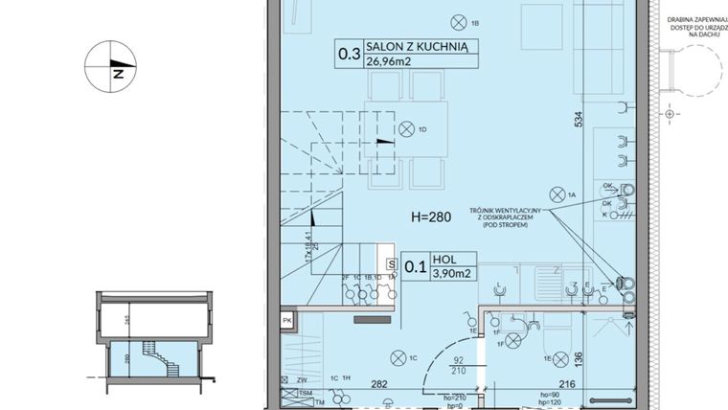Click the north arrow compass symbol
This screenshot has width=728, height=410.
click(111, 70)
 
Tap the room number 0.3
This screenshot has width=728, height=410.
click(349, 57)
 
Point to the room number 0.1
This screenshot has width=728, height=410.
click(415, 267)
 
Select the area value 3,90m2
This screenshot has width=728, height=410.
click(451, 274)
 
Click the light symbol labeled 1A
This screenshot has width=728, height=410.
click(558, 193)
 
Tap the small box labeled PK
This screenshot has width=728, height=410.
click(287, 320)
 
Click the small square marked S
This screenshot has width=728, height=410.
click(391, 262)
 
